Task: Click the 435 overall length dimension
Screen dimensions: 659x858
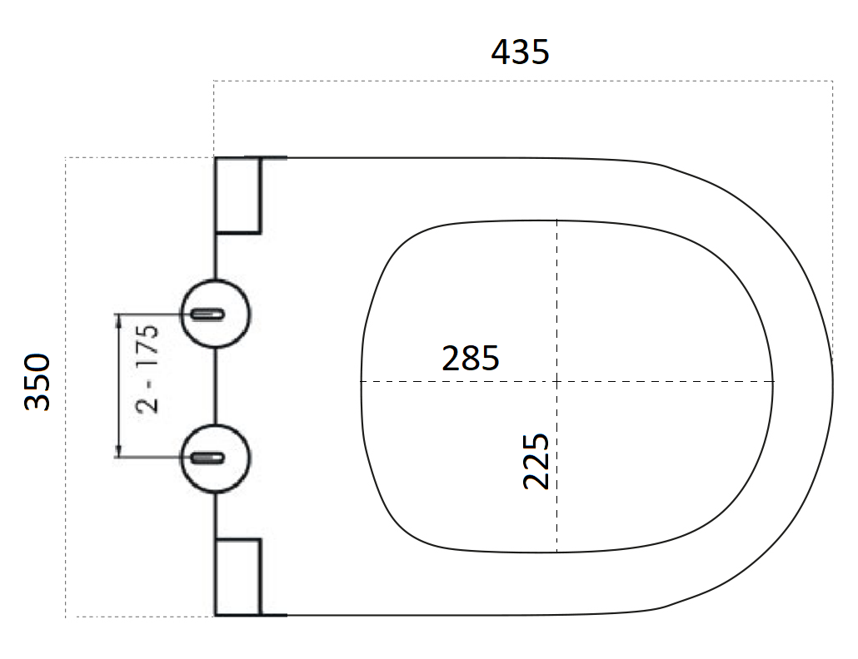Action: [x=520, y=52]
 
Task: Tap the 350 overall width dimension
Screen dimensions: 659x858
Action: [x=38, y=382]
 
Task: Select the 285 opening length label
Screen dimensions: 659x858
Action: [x=471, y=358]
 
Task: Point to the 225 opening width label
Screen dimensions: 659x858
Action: [x=536, y=460]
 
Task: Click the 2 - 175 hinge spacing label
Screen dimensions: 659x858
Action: [x=147, y=369]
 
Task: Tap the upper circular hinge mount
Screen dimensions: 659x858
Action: [x=216, y=314]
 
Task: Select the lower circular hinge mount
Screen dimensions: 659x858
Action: [x=216, y=458]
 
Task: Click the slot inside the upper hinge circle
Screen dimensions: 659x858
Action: [x=207, y=314]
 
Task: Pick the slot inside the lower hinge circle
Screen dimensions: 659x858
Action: [x=207, y=458]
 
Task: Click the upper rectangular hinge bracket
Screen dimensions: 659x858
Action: [x=238, y=194]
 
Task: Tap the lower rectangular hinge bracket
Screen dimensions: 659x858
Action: [x=238, y=577]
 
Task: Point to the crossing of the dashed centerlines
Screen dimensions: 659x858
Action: [x=557, y=382]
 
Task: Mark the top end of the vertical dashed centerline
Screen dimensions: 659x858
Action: [x=557, y=221]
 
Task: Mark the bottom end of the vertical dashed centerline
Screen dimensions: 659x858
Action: [x=557, y=552]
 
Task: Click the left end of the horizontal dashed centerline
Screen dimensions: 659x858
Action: [x=362, y=382]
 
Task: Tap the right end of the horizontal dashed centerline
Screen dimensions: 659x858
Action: [x=774, y=382]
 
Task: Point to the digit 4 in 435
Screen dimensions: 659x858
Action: [x=501, y=52]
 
